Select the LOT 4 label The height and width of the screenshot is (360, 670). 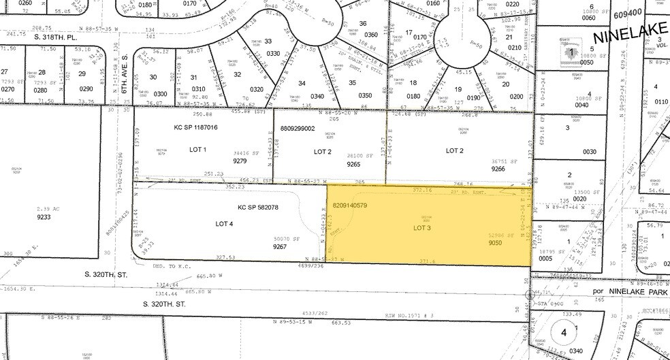tap(225, 223)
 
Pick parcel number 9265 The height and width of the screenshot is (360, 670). tap(353, 164)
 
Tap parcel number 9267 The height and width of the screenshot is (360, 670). tap(279, 248)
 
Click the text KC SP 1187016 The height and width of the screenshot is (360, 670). tap(196, 127)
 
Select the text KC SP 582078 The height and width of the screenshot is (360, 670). tap(259, 207)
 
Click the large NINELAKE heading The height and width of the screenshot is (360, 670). tap(631, 35)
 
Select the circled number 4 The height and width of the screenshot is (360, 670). tap(563, 333)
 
